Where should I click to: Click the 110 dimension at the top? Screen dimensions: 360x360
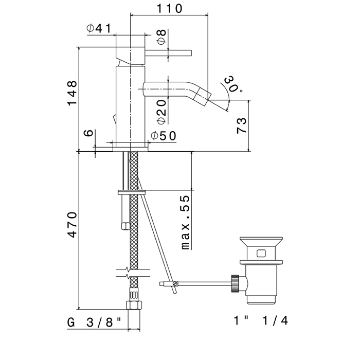point(169,9)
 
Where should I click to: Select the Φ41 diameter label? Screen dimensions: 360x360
point(99,28)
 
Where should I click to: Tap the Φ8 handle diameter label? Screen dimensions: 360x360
point(161,37)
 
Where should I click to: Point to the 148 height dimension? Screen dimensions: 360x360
point(72,93)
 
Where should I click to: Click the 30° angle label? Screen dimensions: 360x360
point(233,84)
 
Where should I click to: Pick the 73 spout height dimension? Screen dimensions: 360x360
point(242,125)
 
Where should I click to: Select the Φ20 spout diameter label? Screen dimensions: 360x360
point(162,112)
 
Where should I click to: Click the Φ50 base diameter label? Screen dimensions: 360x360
point(164,136)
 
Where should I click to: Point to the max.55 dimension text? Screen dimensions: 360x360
point(186,223)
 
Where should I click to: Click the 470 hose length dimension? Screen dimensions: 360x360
point(72,225)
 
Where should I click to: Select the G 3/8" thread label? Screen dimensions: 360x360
point(94,322)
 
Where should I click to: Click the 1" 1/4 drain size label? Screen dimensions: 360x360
point(261,320)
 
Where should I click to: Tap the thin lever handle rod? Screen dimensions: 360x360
point(168,53)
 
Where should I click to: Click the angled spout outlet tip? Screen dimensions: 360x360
point(204,95)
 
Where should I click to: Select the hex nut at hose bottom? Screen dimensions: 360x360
point(134,305)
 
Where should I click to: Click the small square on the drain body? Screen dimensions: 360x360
point(261,254)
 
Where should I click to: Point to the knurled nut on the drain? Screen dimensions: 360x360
point(235,283)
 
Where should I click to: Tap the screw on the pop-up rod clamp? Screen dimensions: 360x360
point(176,284)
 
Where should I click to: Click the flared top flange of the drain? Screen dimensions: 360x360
point(261,242)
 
